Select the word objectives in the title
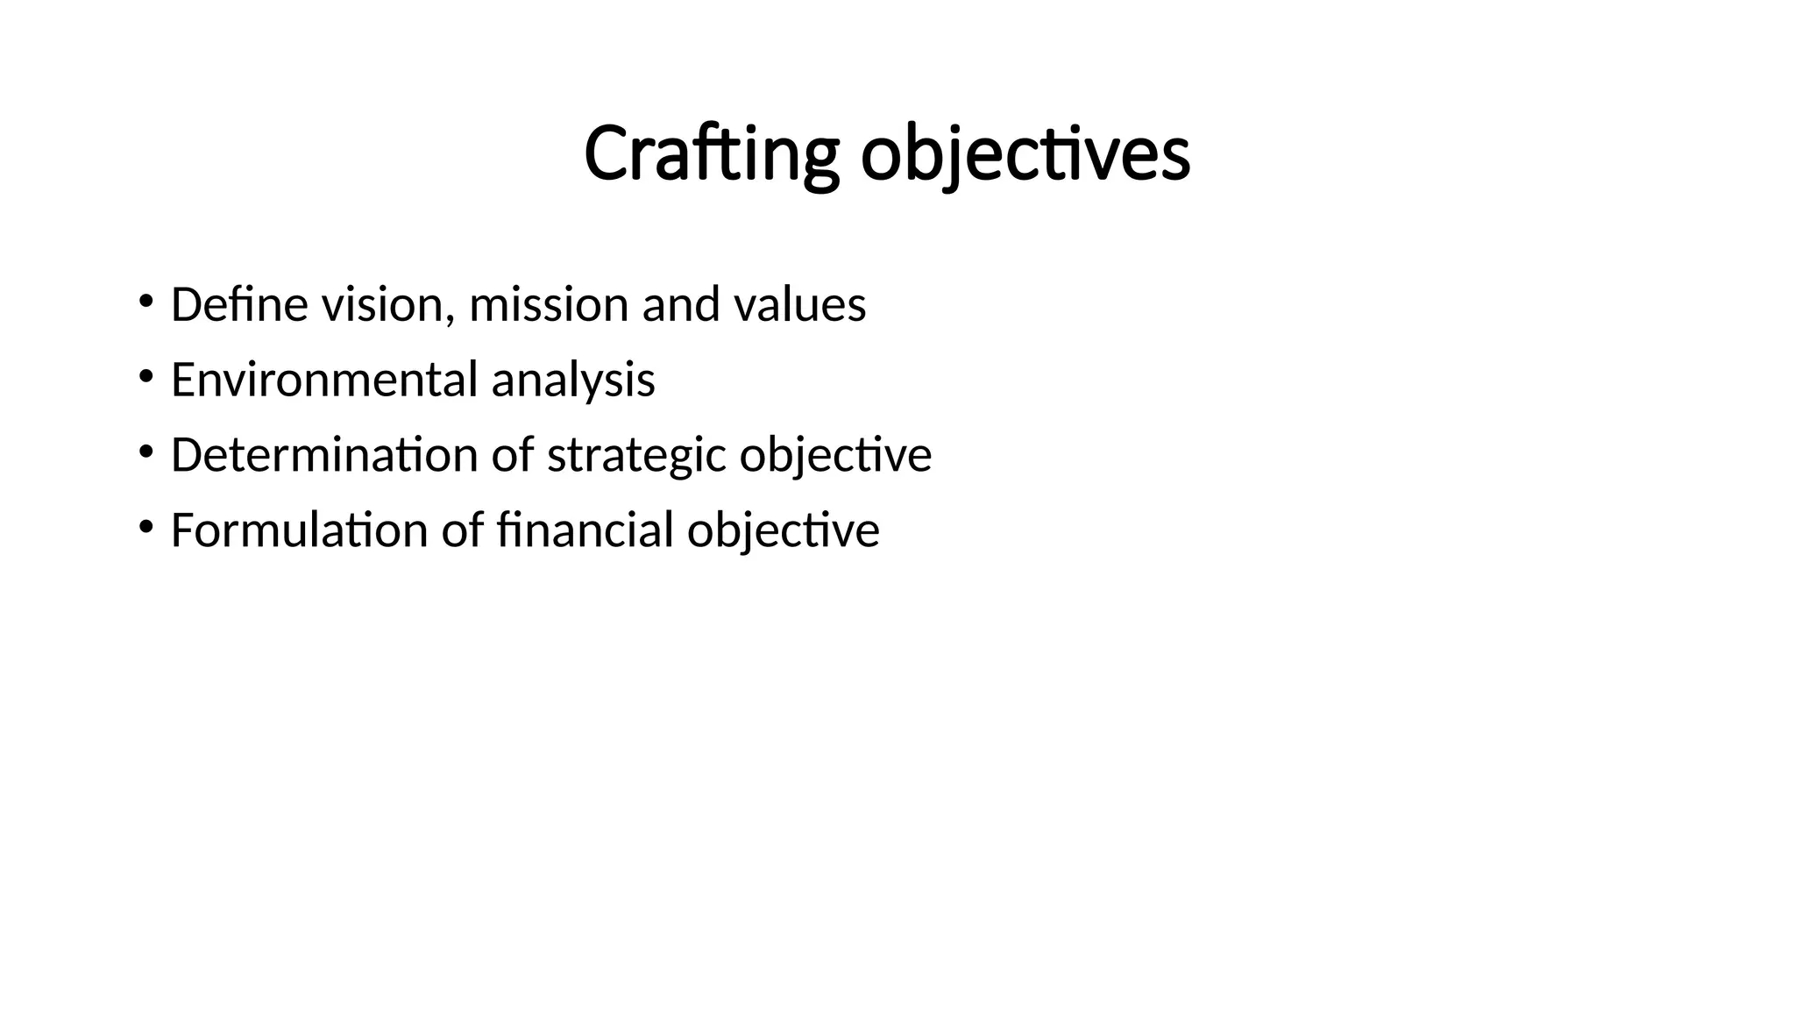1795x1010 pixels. point(1025,154)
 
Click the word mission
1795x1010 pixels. point(549,305)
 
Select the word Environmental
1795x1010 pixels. point(324,381)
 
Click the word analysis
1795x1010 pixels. point(572,381)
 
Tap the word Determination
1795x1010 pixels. point(323,455)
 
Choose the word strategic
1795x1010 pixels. point(636,455)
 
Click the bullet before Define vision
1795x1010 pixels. point(145,302)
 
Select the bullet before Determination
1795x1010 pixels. point(145,452)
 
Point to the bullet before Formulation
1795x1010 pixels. point(145,528)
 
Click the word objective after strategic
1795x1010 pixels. point(835,455)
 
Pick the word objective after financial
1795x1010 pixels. point(783,530)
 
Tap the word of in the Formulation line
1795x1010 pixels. point(462,530)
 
